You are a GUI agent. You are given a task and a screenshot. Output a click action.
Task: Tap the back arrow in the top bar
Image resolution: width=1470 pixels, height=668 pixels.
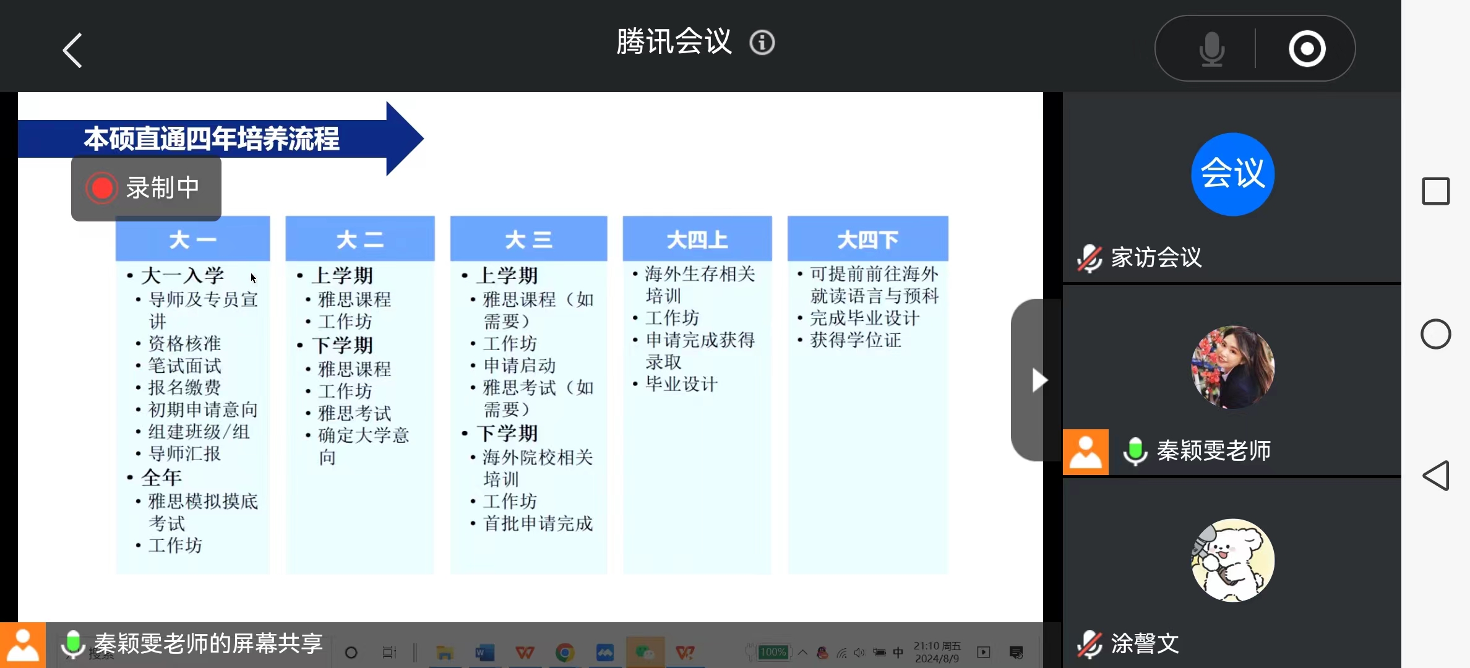[73, 50]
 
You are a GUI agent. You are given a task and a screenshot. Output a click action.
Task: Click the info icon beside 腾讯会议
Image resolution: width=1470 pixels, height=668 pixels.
[762, 43]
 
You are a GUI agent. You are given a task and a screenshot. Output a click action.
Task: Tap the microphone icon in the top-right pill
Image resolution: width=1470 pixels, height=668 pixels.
[1211, 49]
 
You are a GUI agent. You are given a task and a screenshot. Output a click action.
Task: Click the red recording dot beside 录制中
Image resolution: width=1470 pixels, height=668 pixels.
[102, 188]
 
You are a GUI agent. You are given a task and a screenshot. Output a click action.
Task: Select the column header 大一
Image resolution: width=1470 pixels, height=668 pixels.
[192, 239]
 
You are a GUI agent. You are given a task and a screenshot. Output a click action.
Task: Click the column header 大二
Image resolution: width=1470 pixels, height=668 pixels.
[360, 239]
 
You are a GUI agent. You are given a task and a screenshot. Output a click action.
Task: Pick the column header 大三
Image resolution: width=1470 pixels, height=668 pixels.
[528, 239]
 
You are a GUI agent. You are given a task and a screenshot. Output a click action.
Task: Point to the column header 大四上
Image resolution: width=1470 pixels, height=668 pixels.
[697, 239]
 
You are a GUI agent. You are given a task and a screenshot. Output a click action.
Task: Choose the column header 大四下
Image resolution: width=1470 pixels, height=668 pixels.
[867, 239]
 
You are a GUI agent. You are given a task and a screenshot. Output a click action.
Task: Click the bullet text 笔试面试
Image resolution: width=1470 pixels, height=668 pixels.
[184, 366]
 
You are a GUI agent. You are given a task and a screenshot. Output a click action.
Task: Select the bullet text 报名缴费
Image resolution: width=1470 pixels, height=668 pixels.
[184, 388]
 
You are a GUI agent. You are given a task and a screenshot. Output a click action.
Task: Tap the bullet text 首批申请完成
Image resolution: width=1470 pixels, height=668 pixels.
[538, 524]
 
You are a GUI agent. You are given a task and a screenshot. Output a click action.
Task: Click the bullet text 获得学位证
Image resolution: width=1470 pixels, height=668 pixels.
[856, 340]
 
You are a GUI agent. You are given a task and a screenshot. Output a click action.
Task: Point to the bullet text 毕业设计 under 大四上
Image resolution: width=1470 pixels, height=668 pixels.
[681, 384]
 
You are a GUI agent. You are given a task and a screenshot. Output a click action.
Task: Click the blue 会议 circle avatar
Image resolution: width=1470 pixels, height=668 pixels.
[1232, 174]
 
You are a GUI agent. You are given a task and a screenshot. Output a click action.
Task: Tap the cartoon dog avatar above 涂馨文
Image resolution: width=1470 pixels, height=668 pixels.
[1232, 560]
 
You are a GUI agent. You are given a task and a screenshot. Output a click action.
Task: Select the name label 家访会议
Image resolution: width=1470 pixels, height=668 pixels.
[1156, 257]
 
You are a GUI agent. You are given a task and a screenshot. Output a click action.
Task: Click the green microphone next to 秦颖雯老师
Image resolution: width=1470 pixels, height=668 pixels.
[1135, 451]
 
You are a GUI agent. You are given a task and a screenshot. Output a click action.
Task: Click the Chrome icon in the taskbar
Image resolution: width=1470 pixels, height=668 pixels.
[564, 653]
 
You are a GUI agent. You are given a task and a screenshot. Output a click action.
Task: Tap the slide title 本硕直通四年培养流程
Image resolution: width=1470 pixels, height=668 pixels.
[212, 139]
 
